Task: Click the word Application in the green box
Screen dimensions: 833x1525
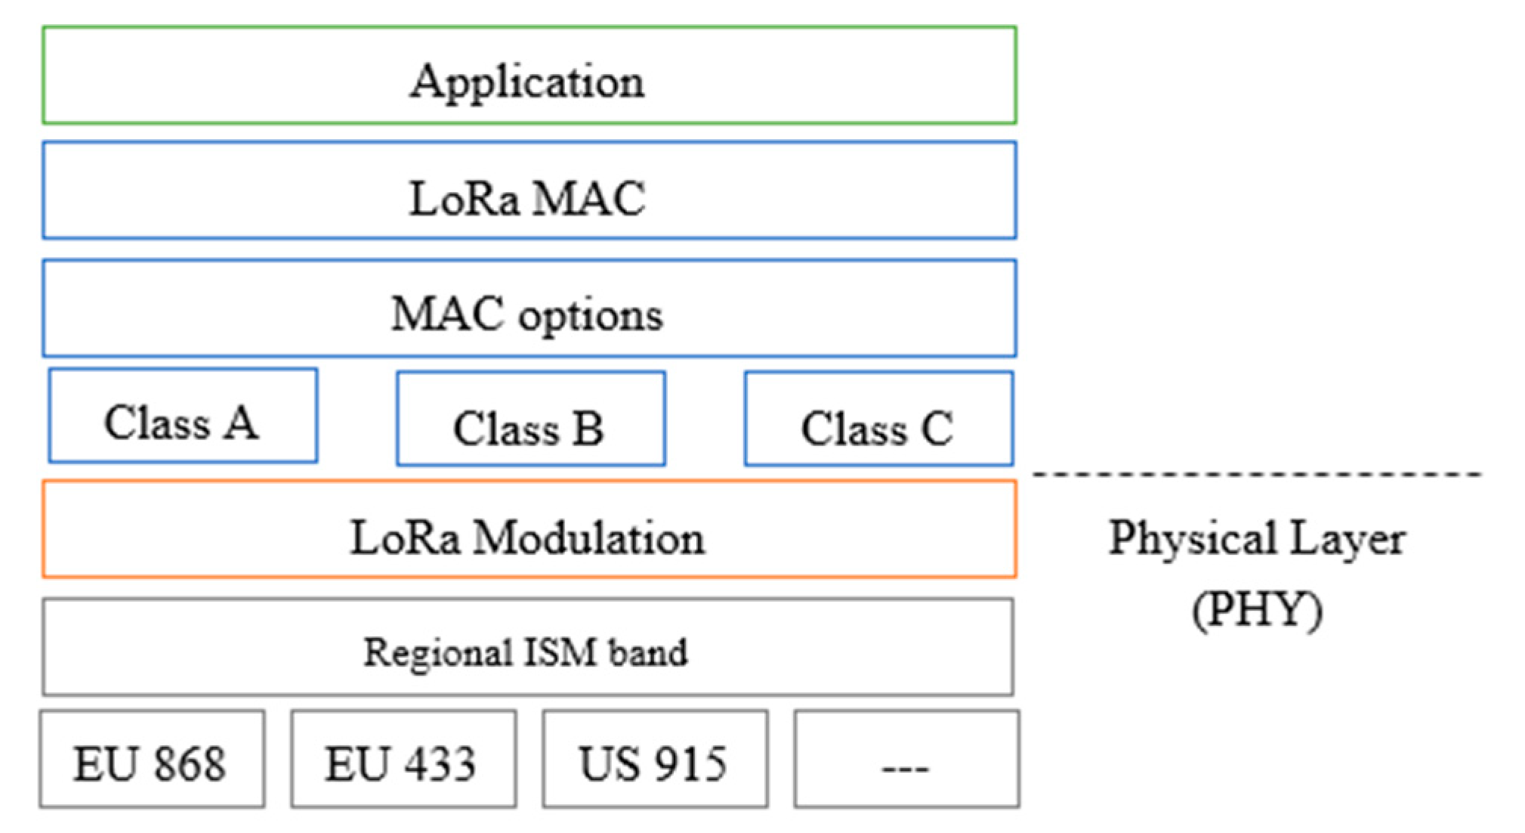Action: tap(527, 81)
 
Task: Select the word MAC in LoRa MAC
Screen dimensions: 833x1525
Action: tap(589, 199)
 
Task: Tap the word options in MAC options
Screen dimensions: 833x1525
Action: tap(590, 314)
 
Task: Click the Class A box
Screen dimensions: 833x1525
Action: tap(183, 416)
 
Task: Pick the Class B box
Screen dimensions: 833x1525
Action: tap(530, 419)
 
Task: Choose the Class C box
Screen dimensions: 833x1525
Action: tap(878, 419)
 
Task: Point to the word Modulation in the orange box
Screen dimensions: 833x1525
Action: tap(589, 538)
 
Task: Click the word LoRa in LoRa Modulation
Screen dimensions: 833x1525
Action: tap(404, 538)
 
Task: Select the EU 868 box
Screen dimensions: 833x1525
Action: tap(152, 759)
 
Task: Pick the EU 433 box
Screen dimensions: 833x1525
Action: tap(403, 759)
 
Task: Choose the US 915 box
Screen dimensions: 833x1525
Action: tap(655, 759)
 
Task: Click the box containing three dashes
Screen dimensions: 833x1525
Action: tap(906, 759)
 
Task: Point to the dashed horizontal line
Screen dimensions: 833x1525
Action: tap(1257, 475)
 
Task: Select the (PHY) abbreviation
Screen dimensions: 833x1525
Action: tap(1257, 609)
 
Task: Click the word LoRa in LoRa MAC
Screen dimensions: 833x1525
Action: tap(464, 199)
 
